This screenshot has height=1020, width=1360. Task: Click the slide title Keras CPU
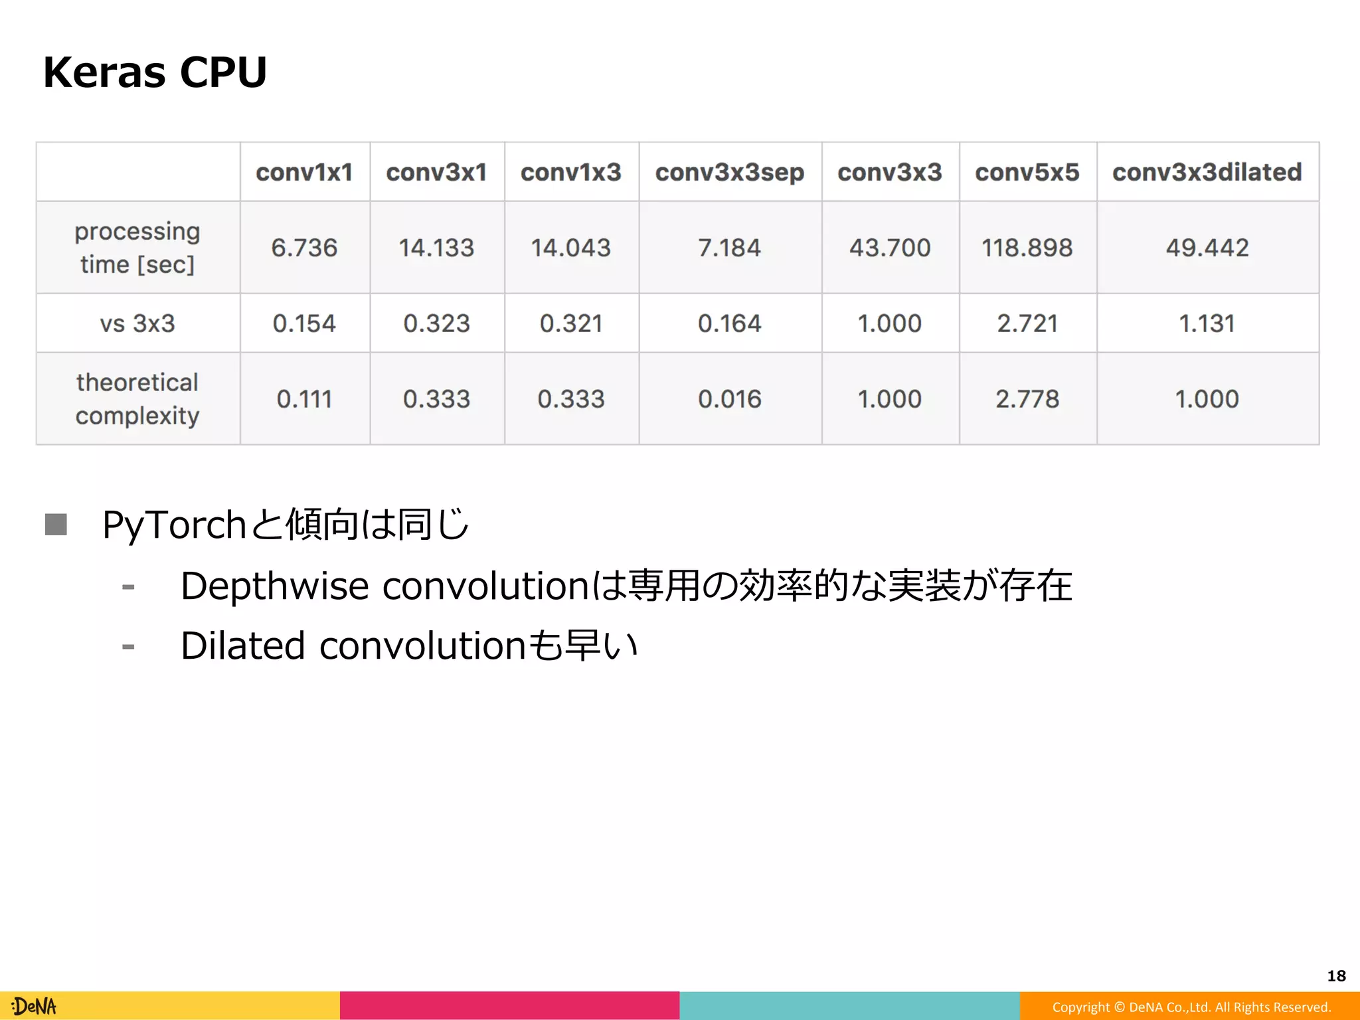pyautogui.click(x=155, y=72)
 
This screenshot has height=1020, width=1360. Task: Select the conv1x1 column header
pyautogui.click(x=304, y=172)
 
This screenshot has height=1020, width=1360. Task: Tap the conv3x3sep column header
pyautogui.click(x=729, y=172)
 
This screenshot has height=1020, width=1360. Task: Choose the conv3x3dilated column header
pyautogui.click(x=1207, y=172)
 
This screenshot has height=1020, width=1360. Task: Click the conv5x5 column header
pyautogui.click(x=1027, y=172)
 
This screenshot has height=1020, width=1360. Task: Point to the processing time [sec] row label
pyautogui.click(x=137, y=248)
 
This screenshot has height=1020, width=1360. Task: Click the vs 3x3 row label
pyautogui.click(x=137, y=323)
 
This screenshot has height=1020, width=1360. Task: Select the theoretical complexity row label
pyautogui.click(x=137, y=398)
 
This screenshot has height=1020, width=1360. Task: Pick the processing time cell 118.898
pyautogui.click(x=1027, y=248)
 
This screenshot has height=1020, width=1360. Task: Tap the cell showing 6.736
pyautogui.click(x=304, y=248)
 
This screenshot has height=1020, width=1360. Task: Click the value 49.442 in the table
pyautogui.click(x=1207, y=248)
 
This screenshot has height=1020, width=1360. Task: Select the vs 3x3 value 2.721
pyautogui.click(x=1027, y=323)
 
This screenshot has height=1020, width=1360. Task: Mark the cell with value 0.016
pyautogui.click(x=729, y=398)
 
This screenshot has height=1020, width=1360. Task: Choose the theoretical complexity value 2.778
pyautogui.click(x=1027, y=398)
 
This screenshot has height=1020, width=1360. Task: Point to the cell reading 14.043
pyautogui.click(x=570, y=248)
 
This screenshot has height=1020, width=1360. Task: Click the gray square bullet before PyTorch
pyautogui.click(x=56, y=525)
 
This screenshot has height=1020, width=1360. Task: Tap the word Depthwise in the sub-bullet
pyautogui.click(x=274, y=586)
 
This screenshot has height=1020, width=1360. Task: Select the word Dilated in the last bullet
pyautogui.click(x=242, y=645)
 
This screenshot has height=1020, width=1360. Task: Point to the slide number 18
pyautogui.click(x=1336, y=976)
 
